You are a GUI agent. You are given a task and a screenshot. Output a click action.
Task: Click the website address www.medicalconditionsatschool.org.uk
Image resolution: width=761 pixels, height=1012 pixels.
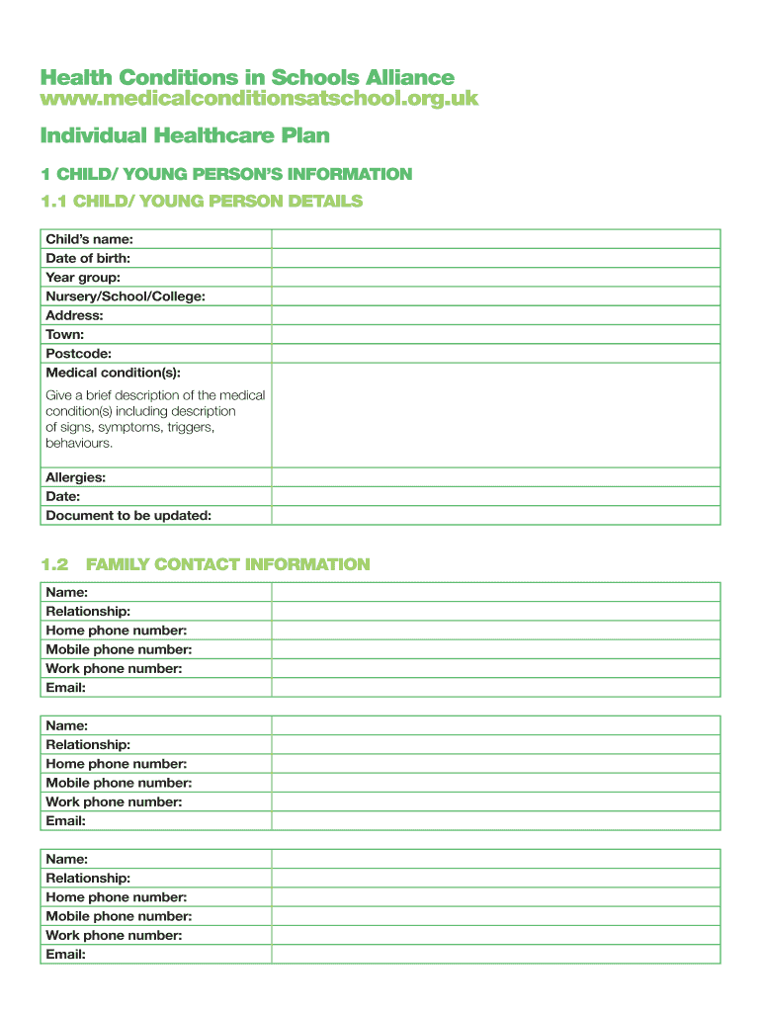click(x=259, y=98)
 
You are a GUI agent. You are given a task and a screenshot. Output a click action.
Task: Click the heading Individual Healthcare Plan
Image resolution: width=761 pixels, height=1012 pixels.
click(x=185, y=134)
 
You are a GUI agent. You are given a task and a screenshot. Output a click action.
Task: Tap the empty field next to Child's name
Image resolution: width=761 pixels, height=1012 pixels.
click(x=495, y=239)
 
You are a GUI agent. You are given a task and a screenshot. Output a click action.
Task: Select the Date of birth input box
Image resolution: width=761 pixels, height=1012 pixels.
click(x=495, y=258)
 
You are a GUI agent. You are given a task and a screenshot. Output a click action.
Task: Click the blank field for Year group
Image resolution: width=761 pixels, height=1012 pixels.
click(x=495, y=278)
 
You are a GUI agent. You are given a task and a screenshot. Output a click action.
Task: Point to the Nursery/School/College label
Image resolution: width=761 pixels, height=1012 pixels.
click(x=126, y=296)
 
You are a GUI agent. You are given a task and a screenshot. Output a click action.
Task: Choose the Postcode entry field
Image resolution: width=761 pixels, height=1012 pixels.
click(x=495, y=354)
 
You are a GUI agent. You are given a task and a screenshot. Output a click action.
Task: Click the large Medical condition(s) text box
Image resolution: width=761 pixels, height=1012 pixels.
click(x=495, y=415)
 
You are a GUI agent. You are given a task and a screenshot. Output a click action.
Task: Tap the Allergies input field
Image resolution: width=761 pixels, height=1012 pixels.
click(x=495, y=477)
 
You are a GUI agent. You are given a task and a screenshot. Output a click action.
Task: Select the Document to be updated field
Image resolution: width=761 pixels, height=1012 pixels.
click(x=495, y=515)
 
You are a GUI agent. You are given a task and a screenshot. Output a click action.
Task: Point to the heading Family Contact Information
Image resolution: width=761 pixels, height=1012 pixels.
click(x=227, y=564)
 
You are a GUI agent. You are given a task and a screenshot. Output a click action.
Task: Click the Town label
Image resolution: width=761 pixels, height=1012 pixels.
click(x=65, y=335)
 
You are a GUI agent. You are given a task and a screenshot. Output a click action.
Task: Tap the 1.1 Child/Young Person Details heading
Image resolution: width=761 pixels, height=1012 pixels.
click(x=202, y=202)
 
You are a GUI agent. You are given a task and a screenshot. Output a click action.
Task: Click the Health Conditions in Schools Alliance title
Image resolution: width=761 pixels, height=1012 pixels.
click(x=247, y=77)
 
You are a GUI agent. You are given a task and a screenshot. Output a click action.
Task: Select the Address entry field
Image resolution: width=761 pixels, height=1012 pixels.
click(x=495, y=315)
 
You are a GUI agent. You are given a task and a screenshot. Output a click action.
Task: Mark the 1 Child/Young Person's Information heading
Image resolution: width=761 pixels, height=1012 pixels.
click(x=226, y=174)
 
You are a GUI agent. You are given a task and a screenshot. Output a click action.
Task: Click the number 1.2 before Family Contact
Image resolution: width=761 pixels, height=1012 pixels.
click(x=54, y=564)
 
